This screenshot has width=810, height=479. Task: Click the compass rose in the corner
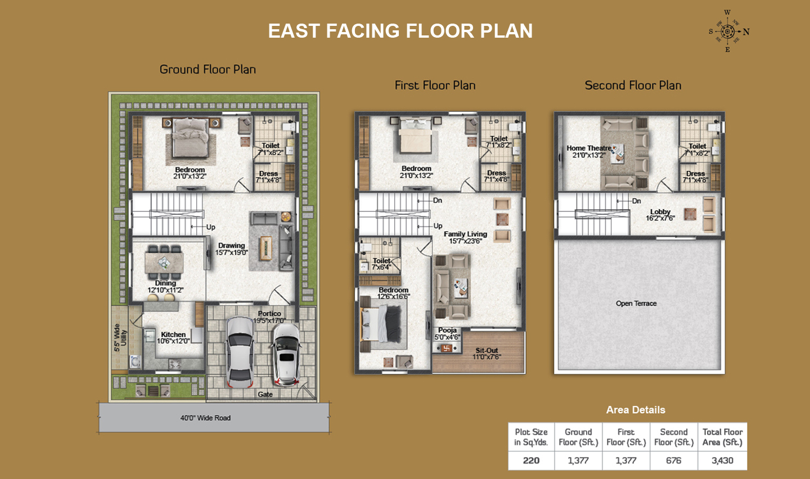(728, 31)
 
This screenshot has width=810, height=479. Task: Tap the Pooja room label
(447, 331)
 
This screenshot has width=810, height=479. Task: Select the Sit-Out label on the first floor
(487, 350)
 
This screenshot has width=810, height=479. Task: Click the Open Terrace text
(636, 303)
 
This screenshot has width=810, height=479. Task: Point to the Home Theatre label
(589, 148)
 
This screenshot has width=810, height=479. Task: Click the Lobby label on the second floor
(660, 212)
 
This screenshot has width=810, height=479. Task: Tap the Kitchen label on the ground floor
(173, 335)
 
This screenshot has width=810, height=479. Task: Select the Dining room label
(165, 283)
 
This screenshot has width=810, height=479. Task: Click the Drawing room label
(231, 246)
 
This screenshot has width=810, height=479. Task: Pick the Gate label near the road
(265, 394)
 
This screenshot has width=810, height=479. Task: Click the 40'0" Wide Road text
(205, 418)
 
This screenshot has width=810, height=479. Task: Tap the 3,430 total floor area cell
(722, 460)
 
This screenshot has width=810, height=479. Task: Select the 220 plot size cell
(531, 460)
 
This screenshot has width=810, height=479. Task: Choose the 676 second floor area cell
(674, 460)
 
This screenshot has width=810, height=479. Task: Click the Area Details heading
(636, 410)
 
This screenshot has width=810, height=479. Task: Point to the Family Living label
(465, 234)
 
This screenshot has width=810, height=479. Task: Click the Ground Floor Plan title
(208, 69)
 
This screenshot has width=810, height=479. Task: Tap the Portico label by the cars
(269, 313)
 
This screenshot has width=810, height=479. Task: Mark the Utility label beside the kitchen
(124, 338)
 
